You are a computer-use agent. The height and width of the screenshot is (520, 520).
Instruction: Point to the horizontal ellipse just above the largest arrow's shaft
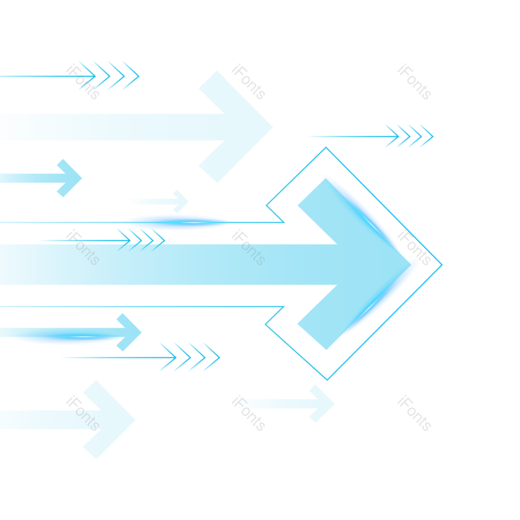pos(177,222)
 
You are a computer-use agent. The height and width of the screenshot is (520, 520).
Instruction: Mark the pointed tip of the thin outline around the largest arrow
pos(441,265)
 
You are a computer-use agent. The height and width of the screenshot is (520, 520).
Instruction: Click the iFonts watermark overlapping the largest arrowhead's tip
pos(414,248)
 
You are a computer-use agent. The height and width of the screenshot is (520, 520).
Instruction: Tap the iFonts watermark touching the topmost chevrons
pos(83,82)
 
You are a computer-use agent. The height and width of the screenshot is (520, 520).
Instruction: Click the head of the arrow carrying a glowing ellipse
pos(128,332)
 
